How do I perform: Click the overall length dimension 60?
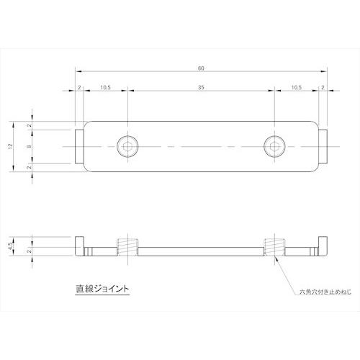[201, 68]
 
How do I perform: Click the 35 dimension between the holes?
[201, 86]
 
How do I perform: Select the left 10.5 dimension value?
[105, 86]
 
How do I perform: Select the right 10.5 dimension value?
[297, 86]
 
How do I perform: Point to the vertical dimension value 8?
[28, 145]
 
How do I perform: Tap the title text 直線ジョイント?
[103, 289]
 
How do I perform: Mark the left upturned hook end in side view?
[81, 245]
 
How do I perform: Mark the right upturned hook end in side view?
[322, 245]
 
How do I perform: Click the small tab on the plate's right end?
[323, 145]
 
